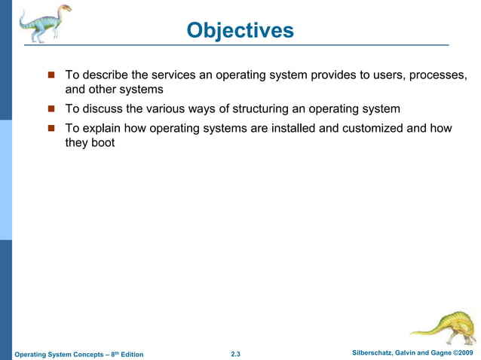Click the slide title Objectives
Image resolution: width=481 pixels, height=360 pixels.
[x=240, y=30]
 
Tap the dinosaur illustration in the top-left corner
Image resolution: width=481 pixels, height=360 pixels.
[x=44, y=23]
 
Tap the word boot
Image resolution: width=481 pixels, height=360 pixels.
[x=103, y=142]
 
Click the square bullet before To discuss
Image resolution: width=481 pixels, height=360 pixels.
[x=52, y=109]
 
